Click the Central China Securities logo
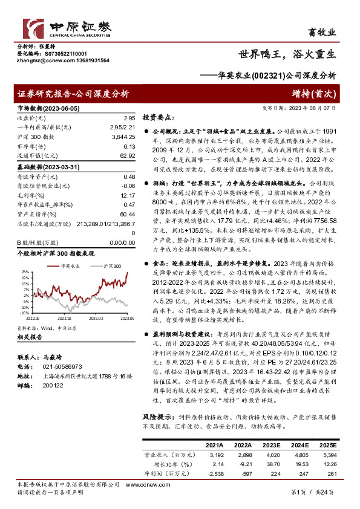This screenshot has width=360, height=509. [x=63, y=28]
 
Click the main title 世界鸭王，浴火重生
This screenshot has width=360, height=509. [x=287, y=53]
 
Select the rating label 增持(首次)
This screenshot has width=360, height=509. [x=317, y=94]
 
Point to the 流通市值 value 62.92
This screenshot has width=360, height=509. [x=127, y=156]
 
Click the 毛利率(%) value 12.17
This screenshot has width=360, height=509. [x=127, y=196]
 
